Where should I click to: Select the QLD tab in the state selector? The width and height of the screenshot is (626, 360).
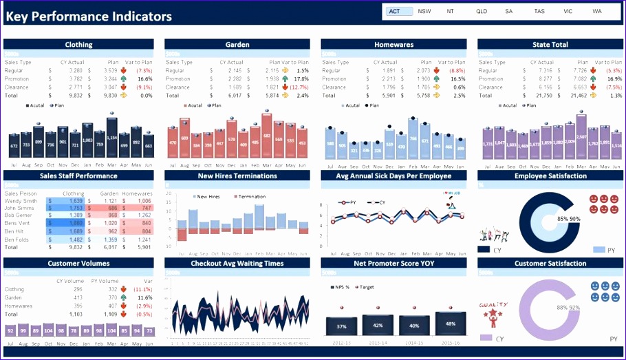pos(482,11)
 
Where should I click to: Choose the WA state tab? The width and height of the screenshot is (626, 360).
pos(596,11)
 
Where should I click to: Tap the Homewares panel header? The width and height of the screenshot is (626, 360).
pos(393,45)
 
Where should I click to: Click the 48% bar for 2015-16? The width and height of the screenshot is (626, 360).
pos(450,324)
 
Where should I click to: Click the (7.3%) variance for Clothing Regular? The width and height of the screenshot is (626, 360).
pos(144,71)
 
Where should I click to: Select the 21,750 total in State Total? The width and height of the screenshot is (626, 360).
pos(543,96)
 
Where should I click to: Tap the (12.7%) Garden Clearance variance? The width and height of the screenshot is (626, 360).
pos(299,87)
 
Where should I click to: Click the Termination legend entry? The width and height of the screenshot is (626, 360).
pos(252,197)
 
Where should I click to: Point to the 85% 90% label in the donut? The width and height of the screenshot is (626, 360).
pos(568,219)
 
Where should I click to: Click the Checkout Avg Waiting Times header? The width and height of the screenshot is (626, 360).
pos(237,263)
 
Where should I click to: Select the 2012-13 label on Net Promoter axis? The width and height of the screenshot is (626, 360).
pos(342,341)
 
